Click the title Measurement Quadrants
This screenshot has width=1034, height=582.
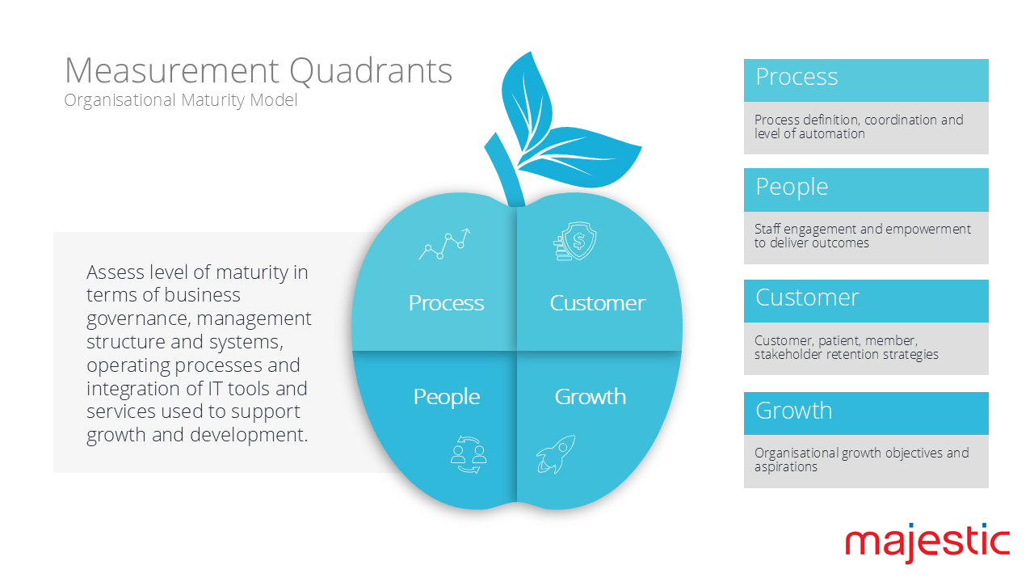coord(258,71)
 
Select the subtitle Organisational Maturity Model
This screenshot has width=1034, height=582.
coord(181,100)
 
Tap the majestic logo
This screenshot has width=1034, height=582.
coord(927,542)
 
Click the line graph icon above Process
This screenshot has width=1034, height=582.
coord(444,243)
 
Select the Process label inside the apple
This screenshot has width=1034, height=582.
coord(446,303)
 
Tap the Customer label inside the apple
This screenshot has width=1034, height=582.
coord(597,303)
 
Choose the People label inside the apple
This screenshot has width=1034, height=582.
coord(446,397)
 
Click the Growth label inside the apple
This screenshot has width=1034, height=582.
coord(590,397)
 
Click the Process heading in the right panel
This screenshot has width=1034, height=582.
coord(797,78)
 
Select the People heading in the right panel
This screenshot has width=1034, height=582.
coord(792,187)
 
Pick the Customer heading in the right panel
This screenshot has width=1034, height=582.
coord(806,297)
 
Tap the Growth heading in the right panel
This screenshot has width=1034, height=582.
coord(793,411)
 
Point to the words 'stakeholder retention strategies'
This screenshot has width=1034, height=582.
coord(846,354)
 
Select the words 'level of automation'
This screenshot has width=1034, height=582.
coord(809,133)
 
